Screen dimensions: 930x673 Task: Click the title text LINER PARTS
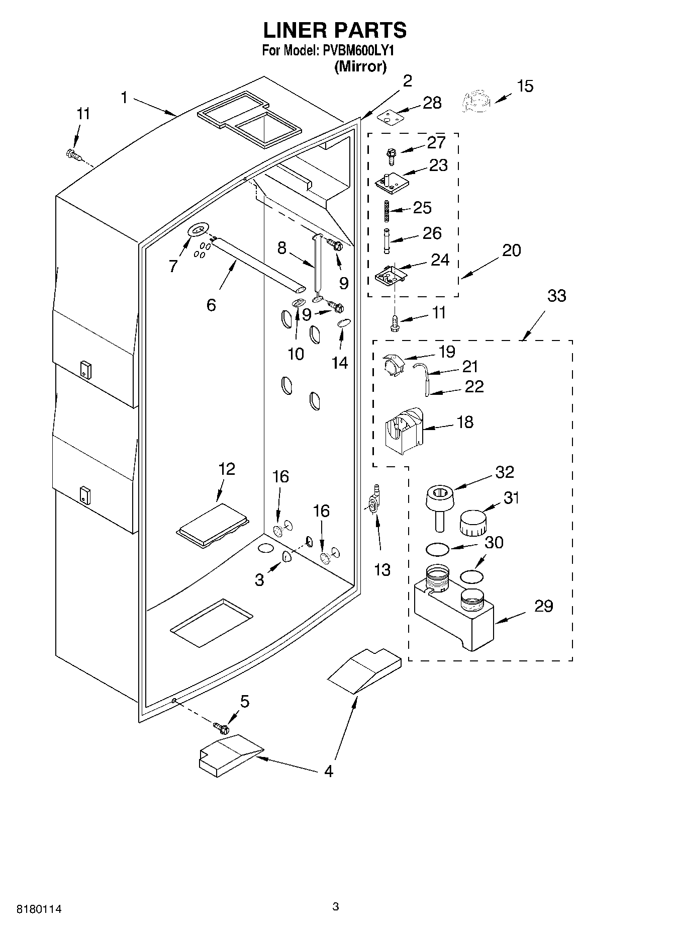(335, 30)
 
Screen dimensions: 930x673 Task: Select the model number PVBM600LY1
(359, 51)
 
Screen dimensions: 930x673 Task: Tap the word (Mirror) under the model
(360, 66)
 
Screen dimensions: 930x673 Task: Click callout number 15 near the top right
(525, 86)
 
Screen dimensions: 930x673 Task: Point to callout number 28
(432, 103)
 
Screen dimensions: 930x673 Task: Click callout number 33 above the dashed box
(556, 296)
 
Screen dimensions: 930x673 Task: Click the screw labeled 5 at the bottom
(221, 727)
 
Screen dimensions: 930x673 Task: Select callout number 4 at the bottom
(328, 771)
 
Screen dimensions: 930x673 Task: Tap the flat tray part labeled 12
(213, 526)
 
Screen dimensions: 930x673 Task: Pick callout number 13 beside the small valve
(382, 569)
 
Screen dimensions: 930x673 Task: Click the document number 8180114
(39, 909)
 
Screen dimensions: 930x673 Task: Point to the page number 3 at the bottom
(336, 907)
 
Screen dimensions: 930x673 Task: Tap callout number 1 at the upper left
(125, 97)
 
